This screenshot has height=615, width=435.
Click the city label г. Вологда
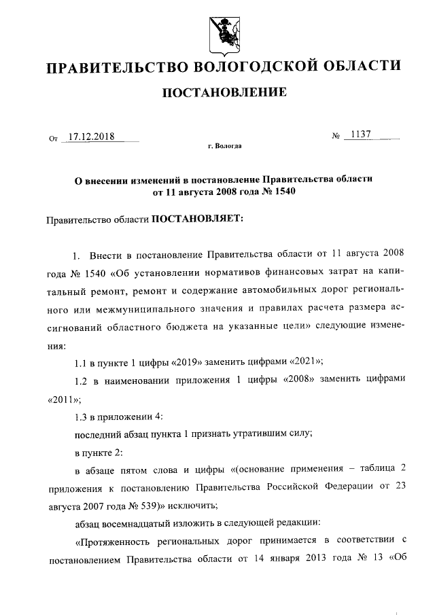click(224, 145)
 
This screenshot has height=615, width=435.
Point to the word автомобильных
click(269, 292)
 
